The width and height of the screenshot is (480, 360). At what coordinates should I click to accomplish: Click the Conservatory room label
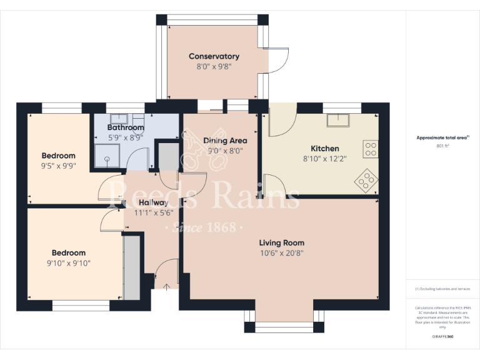[214, 56]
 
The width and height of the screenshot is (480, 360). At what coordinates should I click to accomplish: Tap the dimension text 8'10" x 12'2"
[324, 159]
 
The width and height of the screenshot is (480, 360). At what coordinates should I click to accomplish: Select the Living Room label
[282, 242]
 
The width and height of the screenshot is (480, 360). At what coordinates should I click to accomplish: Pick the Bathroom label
[126, 127]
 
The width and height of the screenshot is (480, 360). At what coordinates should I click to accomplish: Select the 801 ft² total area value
[442, 146]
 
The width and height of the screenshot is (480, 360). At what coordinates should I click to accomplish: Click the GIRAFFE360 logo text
[442, 337]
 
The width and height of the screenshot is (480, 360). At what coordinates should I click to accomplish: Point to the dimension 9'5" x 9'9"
[59, 166]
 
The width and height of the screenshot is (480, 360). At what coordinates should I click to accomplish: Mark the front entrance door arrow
[166, 286]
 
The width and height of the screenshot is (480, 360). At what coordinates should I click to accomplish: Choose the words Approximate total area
[441, 137]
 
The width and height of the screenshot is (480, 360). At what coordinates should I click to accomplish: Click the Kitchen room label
[325, 149]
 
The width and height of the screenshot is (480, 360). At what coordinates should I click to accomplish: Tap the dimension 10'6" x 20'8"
[282, 253]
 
